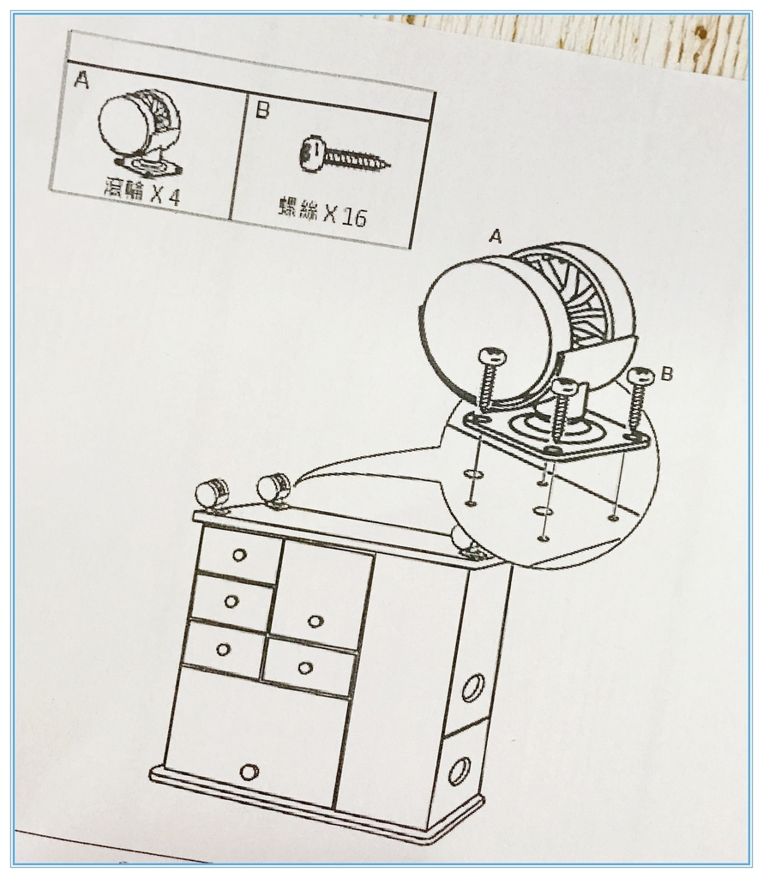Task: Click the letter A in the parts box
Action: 81,80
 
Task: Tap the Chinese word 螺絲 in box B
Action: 297,208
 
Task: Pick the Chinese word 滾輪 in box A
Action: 123,188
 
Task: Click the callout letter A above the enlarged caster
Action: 495,237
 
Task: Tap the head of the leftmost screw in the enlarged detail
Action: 491,357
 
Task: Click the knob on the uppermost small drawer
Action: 239,555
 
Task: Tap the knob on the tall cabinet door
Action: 315,622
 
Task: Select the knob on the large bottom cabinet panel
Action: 249,773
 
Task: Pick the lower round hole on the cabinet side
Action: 459,772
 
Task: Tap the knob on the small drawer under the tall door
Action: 305,668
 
